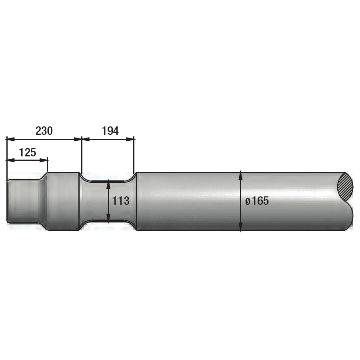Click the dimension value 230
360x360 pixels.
44,131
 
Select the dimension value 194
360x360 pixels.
110,131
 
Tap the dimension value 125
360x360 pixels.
28,152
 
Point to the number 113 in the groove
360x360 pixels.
121,201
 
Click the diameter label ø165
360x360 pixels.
257,201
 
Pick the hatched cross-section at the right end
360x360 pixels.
346,187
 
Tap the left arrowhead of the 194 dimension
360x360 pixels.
85,139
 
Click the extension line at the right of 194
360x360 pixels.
134,156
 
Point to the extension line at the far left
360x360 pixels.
7,158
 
